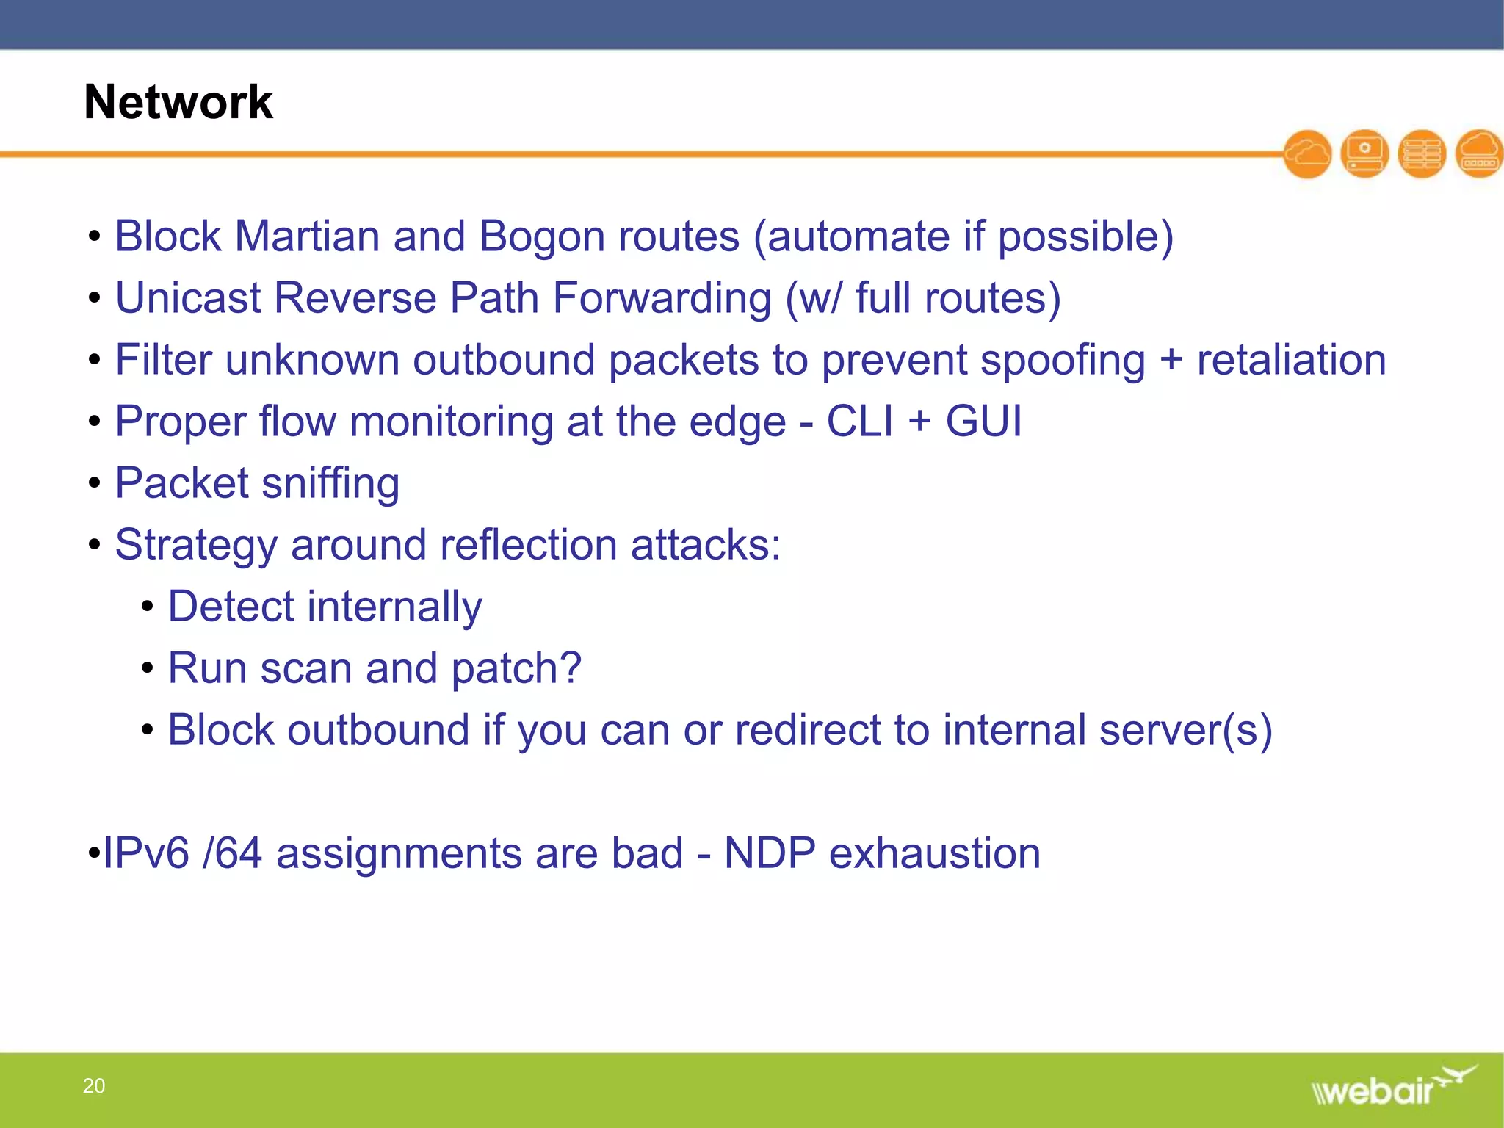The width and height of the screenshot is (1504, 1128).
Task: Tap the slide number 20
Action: click(93, 1085)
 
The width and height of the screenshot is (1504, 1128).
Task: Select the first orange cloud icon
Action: click(1307, 154)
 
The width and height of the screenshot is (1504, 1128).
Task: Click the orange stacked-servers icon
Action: click(1422, 154)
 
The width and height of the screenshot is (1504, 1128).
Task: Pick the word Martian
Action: click(306, 236)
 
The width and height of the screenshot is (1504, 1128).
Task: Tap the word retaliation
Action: click(1291, 360)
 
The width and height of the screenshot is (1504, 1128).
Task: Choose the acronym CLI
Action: click(860, 422)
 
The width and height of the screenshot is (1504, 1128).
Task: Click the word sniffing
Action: click(330, 485)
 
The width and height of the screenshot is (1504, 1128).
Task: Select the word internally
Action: click(394, 608)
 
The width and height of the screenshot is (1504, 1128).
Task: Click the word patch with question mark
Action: click(516, 670)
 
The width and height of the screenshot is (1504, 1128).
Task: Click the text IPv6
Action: click(146, 853)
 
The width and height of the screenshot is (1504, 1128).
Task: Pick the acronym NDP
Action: click(769, 853)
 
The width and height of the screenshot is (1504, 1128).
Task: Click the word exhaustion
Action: click(934, 853)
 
